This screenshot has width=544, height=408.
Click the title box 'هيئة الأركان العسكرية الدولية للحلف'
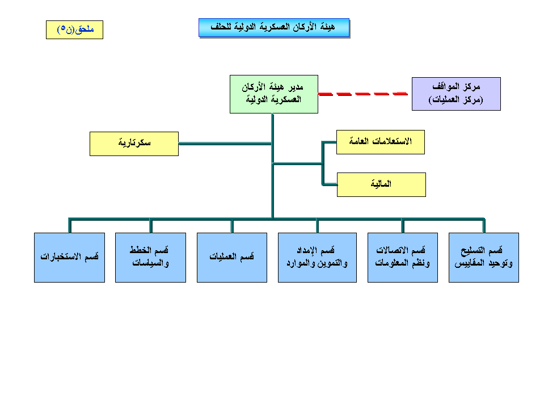[273, 27]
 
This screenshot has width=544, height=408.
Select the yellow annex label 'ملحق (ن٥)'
[74, 30]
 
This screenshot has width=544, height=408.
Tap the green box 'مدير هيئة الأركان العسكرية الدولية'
[274, 94]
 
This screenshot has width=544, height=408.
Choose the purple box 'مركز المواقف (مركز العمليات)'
[456, 94]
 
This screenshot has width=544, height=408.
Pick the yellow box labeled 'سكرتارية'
[134, 144]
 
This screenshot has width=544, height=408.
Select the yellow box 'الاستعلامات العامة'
[381, 141]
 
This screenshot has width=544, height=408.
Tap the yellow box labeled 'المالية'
[381, 184]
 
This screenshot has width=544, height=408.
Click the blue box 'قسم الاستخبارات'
[69, 257]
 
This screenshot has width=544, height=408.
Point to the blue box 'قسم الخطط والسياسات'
[150, 257]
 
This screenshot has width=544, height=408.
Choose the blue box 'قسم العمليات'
[231, 257]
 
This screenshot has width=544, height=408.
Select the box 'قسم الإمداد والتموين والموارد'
[317, 257]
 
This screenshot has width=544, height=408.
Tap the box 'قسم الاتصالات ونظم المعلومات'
[402, 257]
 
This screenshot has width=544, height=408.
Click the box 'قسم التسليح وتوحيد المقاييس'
[483, 257]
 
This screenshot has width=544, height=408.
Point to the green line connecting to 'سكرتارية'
[225, 144]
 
